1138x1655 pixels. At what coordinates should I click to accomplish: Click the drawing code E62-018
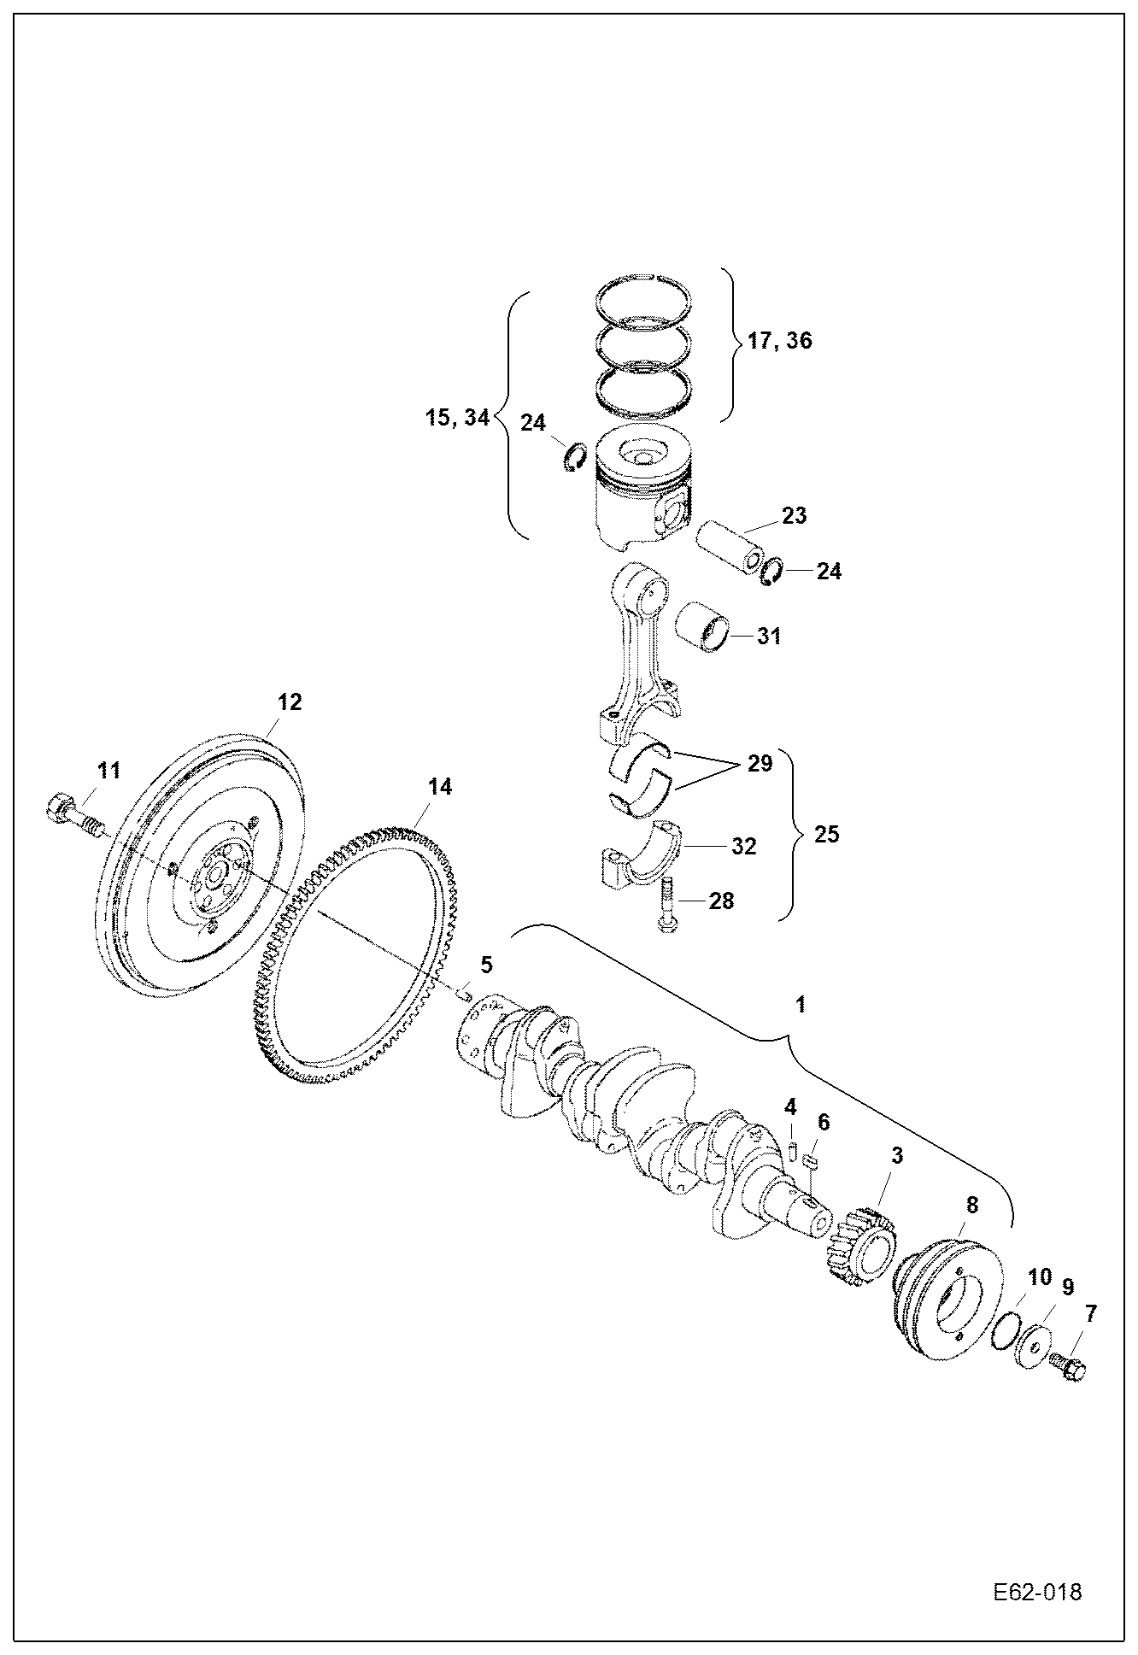(1037, 1592)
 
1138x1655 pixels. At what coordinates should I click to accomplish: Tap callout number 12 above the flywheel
(290, 702)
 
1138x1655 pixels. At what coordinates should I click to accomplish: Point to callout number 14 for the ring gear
(439, 787)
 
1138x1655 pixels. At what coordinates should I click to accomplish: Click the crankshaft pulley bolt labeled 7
(1065, 1366)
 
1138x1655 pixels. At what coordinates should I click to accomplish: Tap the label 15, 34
(458, 419)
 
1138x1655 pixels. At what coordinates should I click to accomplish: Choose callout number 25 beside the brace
(827, 834)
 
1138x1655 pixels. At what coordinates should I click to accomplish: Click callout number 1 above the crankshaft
(801, 1005)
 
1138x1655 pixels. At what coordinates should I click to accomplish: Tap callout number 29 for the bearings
(760, 763)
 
